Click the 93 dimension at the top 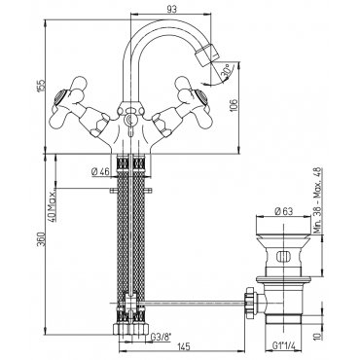(x=172, y=10)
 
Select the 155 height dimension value (x=42, y=86)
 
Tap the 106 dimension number (x=234, y=106)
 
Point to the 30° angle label (x=228, y=71)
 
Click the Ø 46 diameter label (x=100, y=172)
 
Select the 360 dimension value (x=42, y=239)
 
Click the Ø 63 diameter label (x=284, y=212)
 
